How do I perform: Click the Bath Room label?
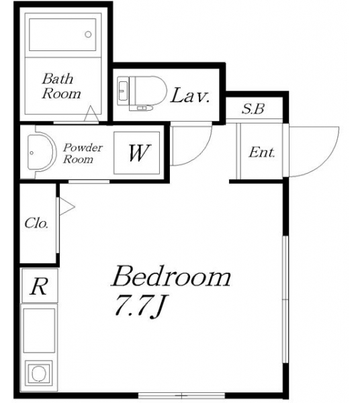pos(61,86)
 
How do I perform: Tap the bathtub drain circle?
pos(88,34)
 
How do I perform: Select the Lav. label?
pos(190,95)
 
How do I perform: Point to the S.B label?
pos(253,109)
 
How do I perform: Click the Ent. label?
pos(262,152)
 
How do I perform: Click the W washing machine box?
pos(137,153)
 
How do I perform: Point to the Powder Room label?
pos(83,153)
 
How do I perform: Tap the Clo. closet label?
pos(36,223)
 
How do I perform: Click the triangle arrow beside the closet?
pos(66,206)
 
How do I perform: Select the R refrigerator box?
pos(40,285)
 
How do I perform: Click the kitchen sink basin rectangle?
pos(39,330)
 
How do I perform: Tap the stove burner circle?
pos(39,373)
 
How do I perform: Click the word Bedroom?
pos(171,276)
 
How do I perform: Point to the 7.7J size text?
pos(140,307)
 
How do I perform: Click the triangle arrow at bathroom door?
pos(91,114)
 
